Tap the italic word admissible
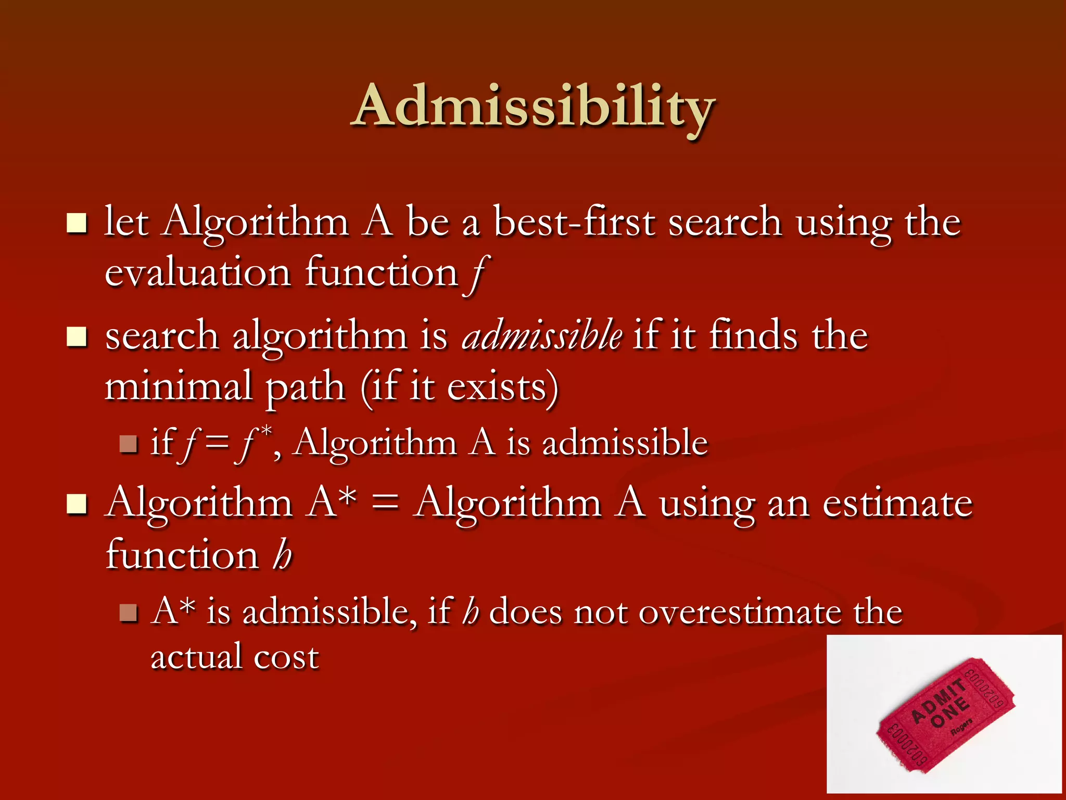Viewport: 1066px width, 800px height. (x=542, y=335)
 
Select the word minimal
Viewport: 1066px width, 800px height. (x=179, y=386)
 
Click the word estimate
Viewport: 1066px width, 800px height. (x=897, y=504)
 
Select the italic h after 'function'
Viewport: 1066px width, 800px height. (x=282, y=555)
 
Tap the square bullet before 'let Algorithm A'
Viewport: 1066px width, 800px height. (x=77, y=223)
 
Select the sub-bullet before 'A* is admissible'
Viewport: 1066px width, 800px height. (x=128, y=613)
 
